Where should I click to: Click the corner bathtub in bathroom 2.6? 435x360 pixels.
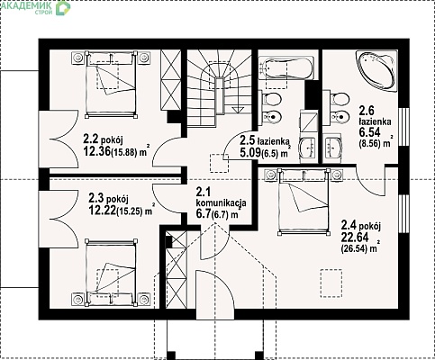[376, 71]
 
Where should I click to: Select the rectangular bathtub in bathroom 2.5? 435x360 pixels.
[288, 68]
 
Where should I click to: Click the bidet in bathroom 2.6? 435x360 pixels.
[340, 117]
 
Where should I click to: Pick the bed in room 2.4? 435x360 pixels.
[303, 201]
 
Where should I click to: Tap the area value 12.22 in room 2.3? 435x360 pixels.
[102, 211]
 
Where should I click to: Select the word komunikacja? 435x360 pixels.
[222, 202]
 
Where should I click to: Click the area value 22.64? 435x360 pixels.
[355, 238]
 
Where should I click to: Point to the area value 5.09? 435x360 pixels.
[250, 153]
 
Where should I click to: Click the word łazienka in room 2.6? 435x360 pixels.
[375, 121]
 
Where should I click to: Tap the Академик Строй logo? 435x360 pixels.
[36, 7]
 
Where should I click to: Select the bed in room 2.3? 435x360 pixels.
[111, 273]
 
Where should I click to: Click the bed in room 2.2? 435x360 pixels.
[111, 85]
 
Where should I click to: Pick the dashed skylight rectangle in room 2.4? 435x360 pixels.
[331, 283]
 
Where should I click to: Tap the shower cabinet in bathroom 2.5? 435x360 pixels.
[309, 121]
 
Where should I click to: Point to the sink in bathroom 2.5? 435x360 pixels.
[308, 148]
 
